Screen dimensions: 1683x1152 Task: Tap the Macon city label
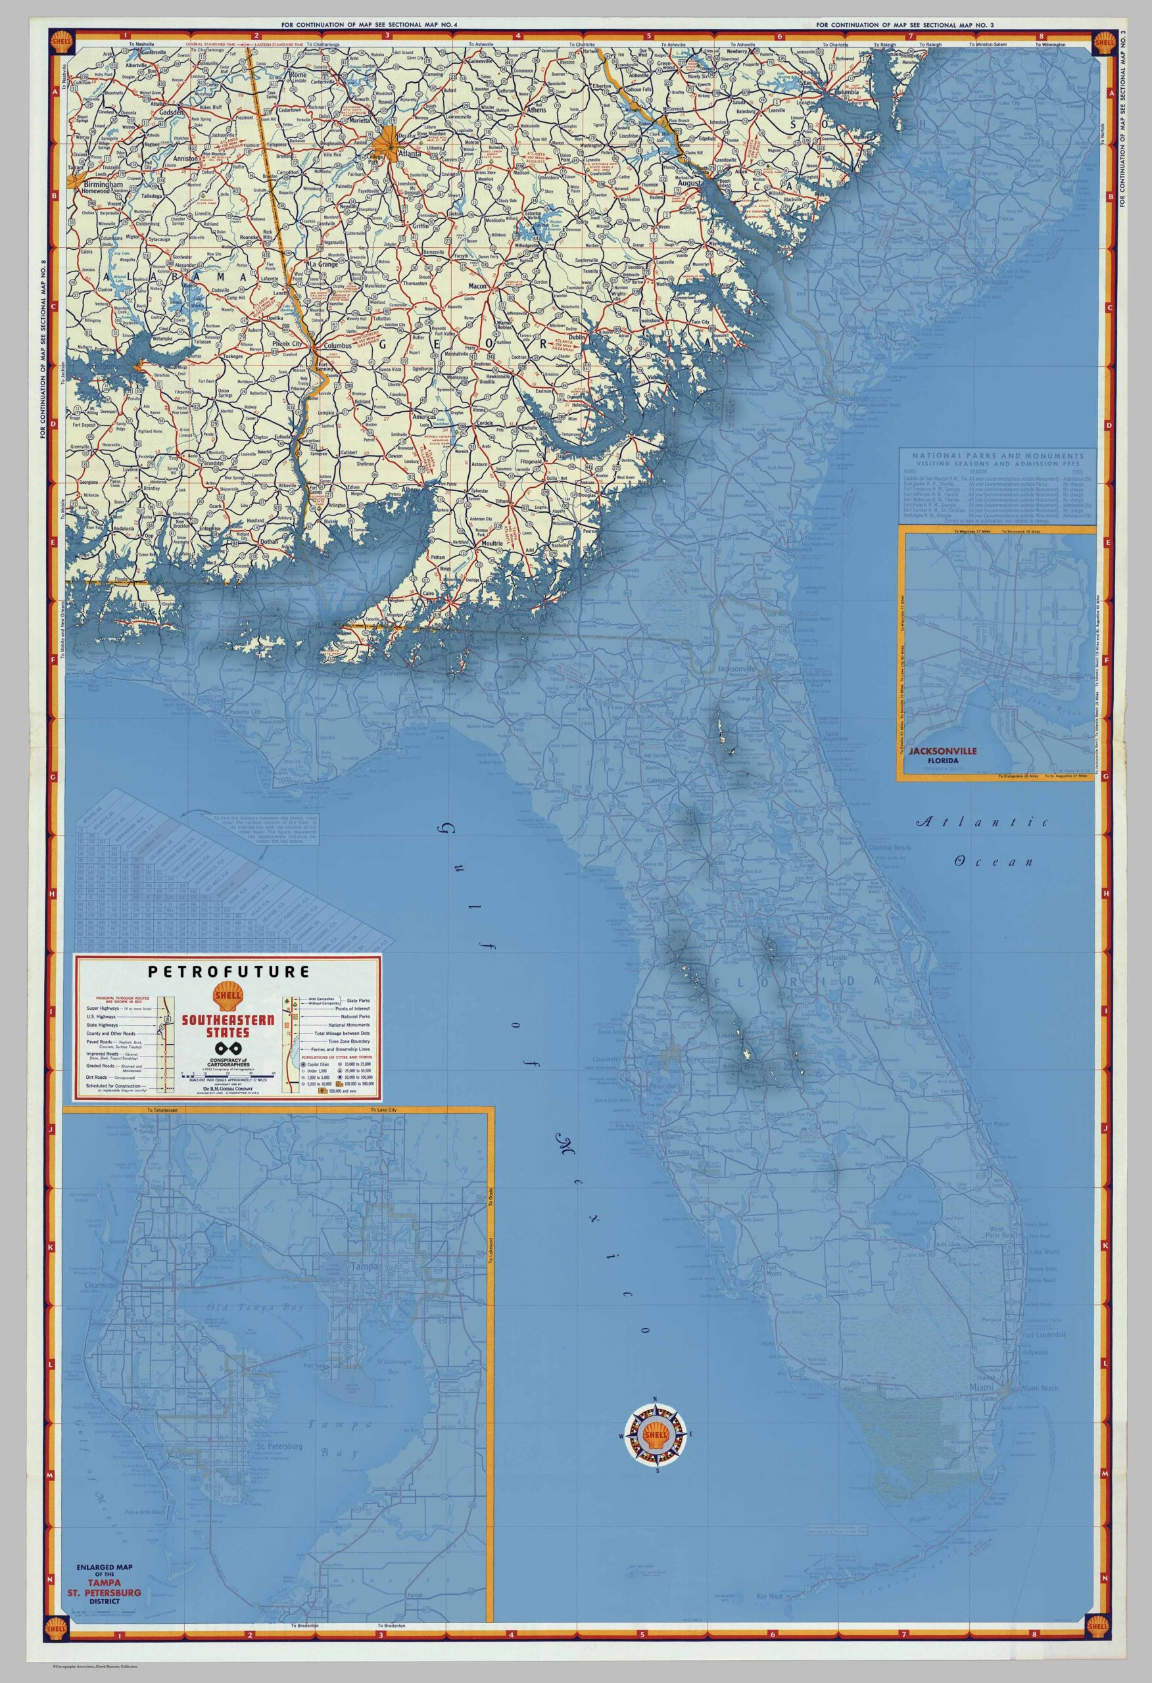tap(477, 287)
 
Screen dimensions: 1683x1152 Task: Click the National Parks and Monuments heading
tap(997, 456)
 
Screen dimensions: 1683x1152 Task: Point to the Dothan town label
tap(270, 541)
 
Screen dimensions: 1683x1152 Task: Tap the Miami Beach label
tap(1040, 1388)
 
